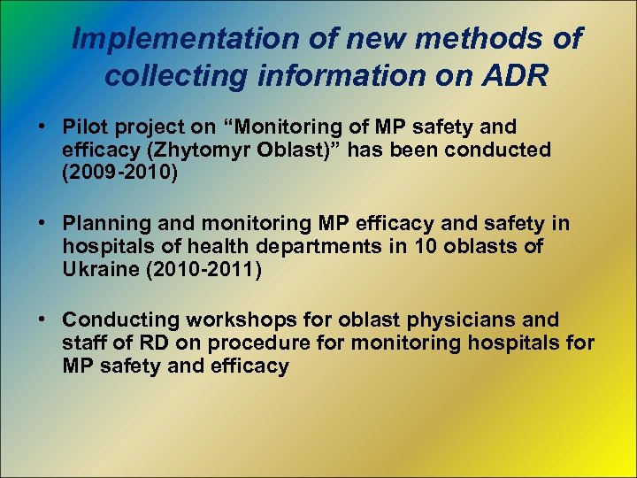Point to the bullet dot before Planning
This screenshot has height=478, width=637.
pyautogui.click(x=42, y=224)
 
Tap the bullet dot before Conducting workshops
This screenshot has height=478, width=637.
pyautogui.click(x=42, y=320)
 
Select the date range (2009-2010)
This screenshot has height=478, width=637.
pyautogui.click(x=120, y=173)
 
